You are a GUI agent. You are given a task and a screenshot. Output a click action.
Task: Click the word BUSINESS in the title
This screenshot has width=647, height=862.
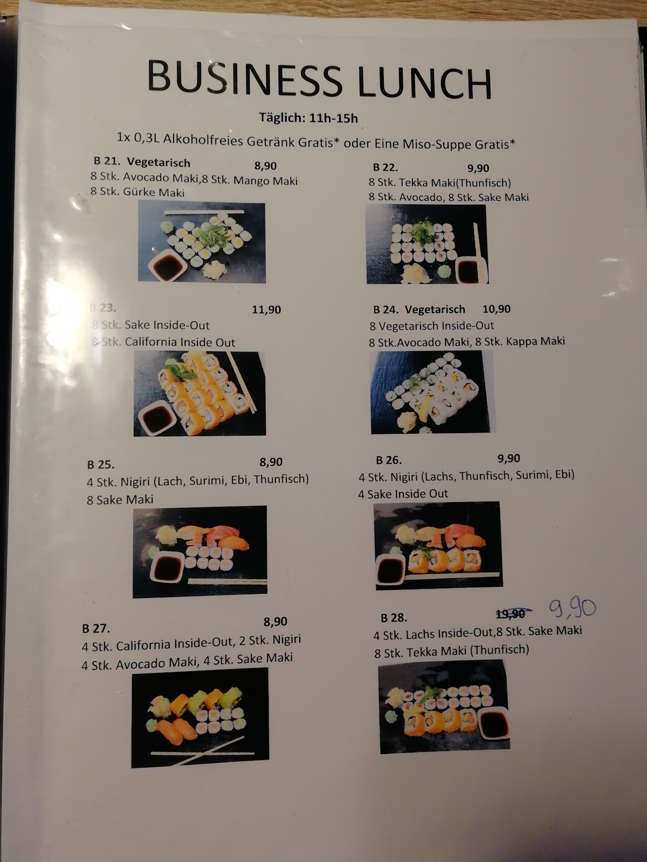pos(244,78)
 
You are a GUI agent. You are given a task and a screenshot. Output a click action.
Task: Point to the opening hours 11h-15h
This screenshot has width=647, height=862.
pos(334,118)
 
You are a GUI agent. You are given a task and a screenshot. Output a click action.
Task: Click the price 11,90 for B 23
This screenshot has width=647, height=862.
pos(266,310)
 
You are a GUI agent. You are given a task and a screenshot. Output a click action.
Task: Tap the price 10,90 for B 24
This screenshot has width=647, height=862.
pos(497,309)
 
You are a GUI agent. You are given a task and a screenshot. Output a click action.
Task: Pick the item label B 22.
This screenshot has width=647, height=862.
pos(386,168)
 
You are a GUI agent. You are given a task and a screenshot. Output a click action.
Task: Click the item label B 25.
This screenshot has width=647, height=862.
pos(101,465)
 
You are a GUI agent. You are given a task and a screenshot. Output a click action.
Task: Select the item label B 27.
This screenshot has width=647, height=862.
pos(96,629)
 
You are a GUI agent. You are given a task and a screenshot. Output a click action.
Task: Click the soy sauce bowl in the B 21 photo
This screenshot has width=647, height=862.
pos(168,267)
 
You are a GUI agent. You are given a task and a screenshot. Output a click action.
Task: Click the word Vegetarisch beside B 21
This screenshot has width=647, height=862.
pos(159,163)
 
